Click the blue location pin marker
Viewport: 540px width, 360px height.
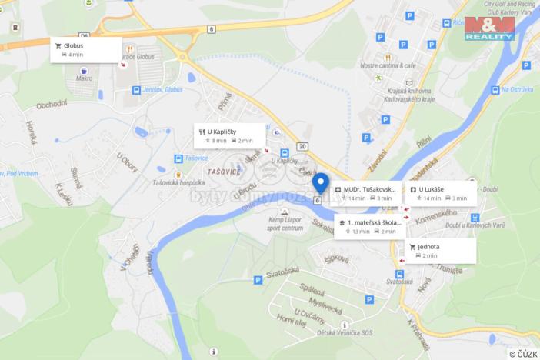click(321, 183)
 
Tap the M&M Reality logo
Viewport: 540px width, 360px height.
click(489, 28)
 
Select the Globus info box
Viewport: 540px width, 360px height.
click(85, 50)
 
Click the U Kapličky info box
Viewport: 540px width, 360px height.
click(229, 135)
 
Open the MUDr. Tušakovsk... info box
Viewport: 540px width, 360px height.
click(367, 193)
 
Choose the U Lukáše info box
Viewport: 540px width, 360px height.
click(441, 193)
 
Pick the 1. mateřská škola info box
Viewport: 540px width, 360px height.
click(370, 226)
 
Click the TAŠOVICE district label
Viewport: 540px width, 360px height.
click(223, 171)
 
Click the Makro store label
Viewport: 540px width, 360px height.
click(85, 78)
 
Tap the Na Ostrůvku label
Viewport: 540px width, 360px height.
click(516, 90)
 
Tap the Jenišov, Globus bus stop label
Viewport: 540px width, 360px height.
click(162, 90)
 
